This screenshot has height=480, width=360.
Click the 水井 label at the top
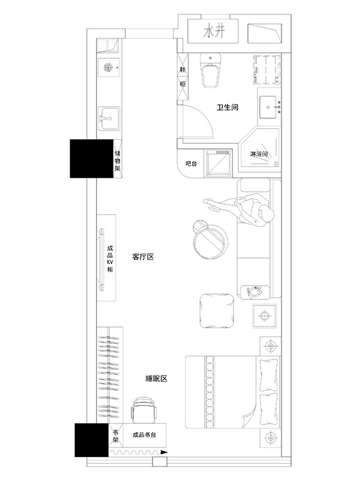click(214, 32)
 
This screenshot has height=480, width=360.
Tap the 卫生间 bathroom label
click(227, 107)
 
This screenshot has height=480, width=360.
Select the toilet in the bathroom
click(211, 70)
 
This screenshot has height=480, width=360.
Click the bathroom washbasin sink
click(268, 107)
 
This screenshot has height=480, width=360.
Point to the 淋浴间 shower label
click(259, 154)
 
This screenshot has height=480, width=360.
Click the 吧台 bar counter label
click(191, 163)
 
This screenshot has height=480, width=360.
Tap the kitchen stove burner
click(108, 67)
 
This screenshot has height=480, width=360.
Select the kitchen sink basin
click(109, 118)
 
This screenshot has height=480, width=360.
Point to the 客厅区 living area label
click(143, 257)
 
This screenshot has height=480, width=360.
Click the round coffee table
click(211, 239)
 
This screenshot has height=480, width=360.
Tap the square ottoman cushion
click(217, 310)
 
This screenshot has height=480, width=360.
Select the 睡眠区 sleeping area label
click(156, 379)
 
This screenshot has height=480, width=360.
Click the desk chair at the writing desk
click(144, 410)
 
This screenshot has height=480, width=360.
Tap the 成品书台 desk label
click(144, 434)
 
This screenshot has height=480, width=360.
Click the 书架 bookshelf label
click(116, 436)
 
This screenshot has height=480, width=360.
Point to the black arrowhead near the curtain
click(164, 452)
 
